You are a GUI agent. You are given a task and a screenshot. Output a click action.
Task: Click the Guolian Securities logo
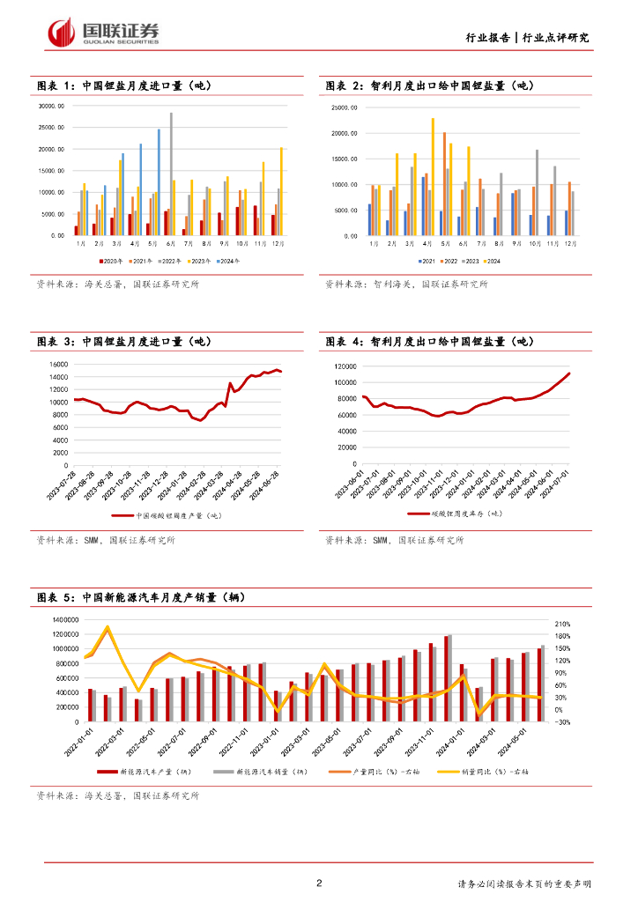104,33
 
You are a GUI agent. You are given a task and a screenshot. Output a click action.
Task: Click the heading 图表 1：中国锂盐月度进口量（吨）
123,86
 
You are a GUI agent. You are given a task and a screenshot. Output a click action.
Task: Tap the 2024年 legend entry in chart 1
227,262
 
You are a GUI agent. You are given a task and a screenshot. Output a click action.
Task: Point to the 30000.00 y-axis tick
53,107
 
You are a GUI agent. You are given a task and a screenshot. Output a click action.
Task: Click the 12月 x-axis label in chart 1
279,242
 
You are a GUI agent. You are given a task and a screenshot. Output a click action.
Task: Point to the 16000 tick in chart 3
57,365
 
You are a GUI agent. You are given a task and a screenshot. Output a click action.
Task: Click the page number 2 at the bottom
319,884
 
